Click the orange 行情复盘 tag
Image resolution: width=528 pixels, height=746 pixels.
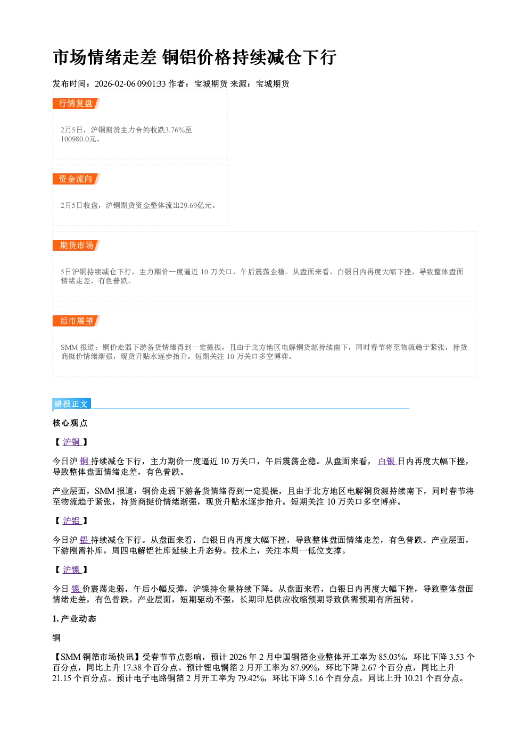tap(76, 104)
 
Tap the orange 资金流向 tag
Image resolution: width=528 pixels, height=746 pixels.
tap(76, 179)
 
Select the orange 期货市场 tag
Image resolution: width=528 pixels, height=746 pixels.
tap(76, 246)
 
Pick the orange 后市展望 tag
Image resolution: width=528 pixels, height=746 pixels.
tap(76, 321)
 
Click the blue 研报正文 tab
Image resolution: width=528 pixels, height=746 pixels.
tap(72, 404)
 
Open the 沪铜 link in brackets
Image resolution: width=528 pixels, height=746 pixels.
tap(72, 442)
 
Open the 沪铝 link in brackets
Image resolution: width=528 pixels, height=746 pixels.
tap(72, 521)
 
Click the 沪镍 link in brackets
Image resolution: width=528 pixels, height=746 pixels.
tap(72, 570)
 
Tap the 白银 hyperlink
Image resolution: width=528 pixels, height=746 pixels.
tap(387, 462)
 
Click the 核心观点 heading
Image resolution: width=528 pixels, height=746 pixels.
tap(70, 423)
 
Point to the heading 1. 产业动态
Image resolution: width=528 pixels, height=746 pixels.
tap(75, 619)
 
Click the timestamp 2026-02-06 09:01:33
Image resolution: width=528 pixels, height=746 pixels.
tap(130, 84)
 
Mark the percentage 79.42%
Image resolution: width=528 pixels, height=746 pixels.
tap(251, 678)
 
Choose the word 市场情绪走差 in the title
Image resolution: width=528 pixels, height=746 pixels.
tap(105, 57)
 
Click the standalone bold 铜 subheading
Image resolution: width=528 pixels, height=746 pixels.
tap(56, 638)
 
